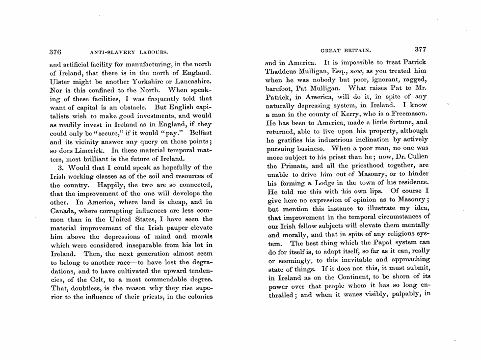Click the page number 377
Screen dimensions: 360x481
coord(420,50)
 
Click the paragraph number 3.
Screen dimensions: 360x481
coord(60,167)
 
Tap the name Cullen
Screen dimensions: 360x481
coord(417,156)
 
